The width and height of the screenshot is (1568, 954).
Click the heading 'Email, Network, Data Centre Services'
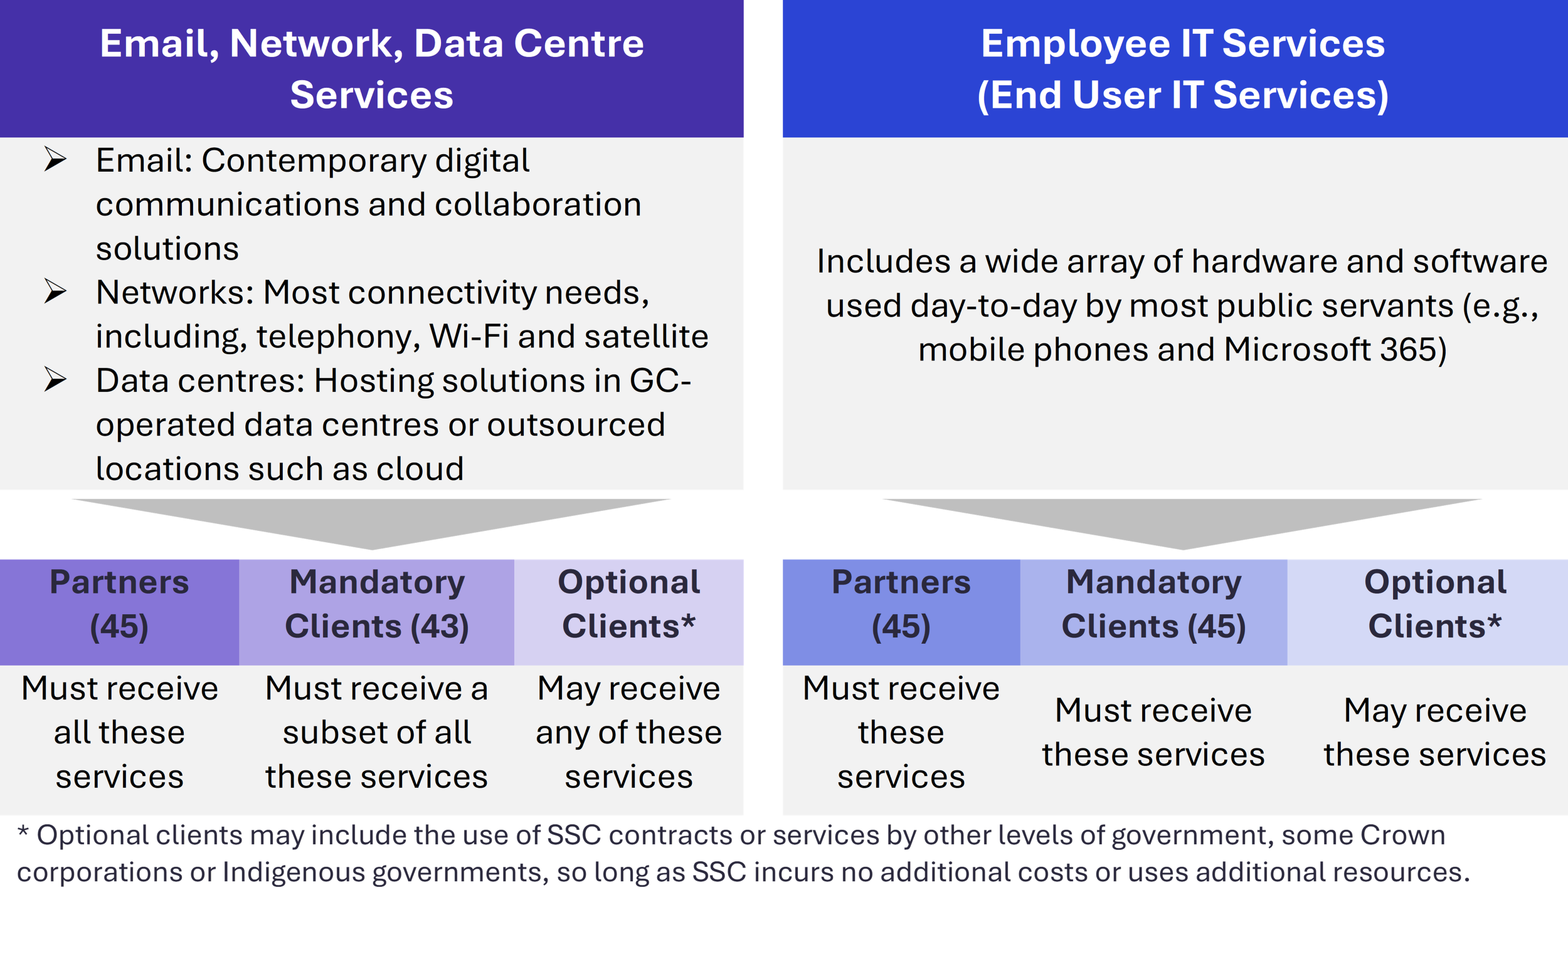coord(372,69)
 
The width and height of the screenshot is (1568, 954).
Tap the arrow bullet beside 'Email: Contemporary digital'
coord(55,159)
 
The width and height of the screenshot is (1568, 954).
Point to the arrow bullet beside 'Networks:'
coord(55,291)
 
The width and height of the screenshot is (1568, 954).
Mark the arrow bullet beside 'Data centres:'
coord(55,380)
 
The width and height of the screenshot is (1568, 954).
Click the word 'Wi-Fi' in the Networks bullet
coord(469,336)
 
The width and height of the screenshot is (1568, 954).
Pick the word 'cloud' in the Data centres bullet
coord(420,469)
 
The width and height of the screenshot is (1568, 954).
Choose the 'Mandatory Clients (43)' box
coord(377,612)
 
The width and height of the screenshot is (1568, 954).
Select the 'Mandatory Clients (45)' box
coord(1153,612)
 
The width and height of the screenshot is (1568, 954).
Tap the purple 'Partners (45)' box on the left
coord(120,612)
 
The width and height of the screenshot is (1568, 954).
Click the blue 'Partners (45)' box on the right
coord(901,612)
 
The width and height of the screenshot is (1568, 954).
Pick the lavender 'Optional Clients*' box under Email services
coord(628,612)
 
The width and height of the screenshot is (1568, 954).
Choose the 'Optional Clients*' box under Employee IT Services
coord(1428,612)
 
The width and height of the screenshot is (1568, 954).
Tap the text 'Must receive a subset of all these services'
coord(377,732)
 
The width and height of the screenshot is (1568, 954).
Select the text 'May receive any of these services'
coord(628,732)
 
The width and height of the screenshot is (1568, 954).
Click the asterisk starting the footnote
coord(23,831)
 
